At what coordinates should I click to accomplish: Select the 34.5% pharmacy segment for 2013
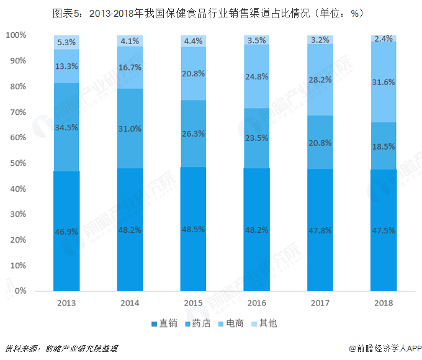(66, 127)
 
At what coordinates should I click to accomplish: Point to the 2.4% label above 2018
(384, 38)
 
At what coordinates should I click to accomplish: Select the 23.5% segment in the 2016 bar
(256, 138)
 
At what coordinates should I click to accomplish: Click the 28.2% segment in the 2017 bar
(320, 79)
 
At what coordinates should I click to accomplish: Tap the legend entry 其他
(263, 323)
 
